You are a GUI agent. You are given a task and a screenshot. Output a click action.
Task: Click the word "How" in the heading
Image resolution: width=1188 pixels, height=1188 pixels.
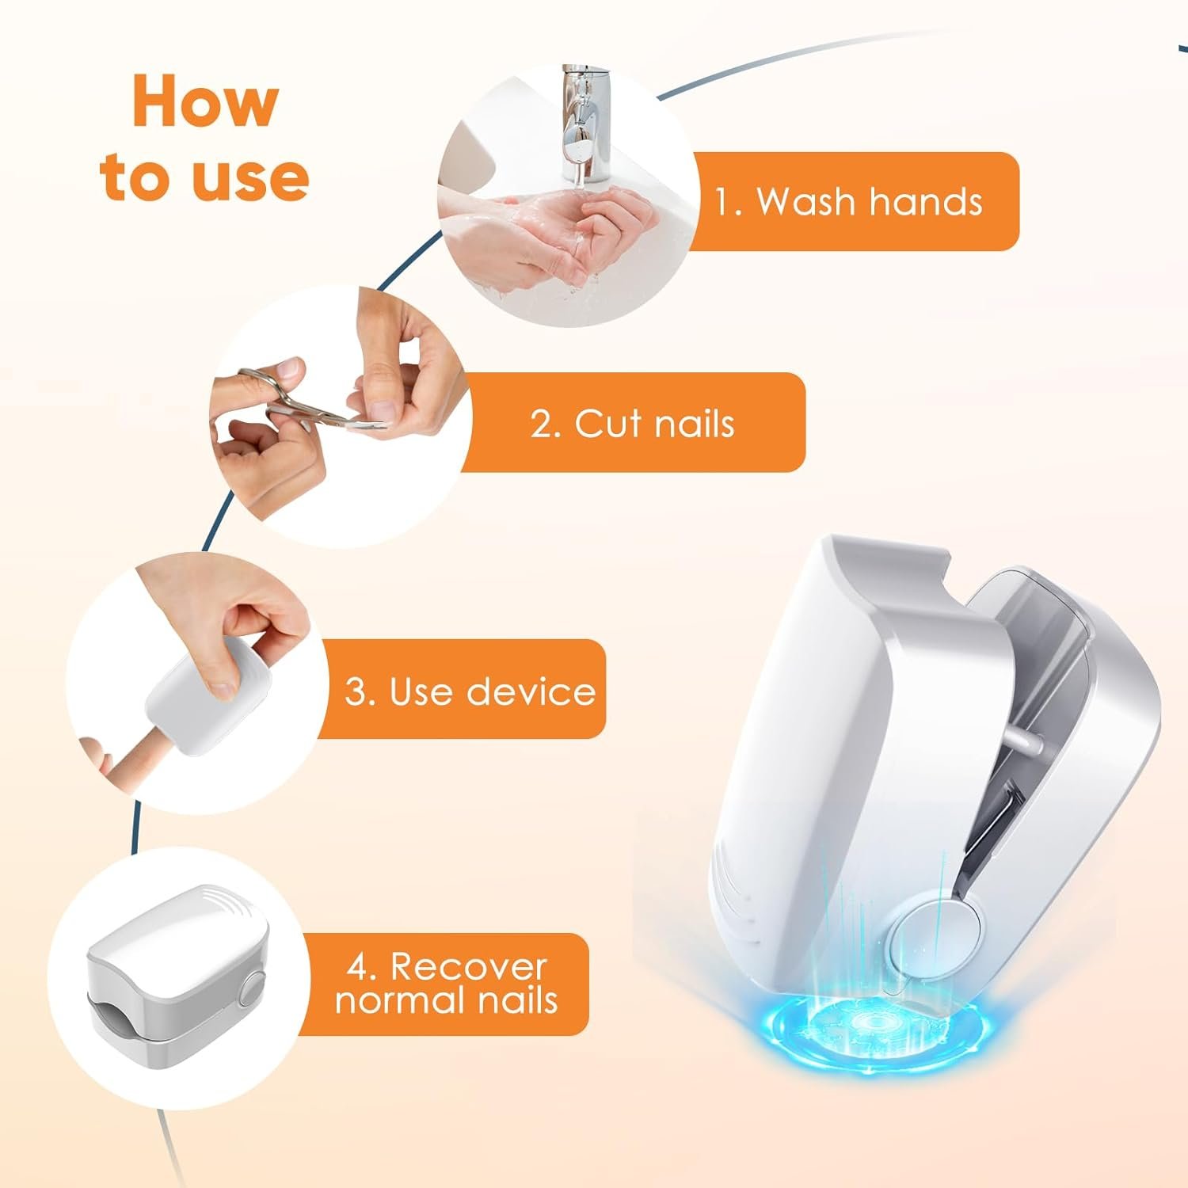click(x=205, y=101)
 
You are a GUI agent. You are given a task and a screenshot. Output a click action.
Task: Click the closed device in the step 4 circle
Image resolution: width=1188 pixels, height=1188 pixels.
click(x=177, y=975)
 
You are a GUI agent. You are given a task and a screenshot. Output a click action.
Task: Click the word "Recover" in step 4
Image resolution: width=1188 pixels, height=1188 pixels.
click(x=468, y=967)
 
